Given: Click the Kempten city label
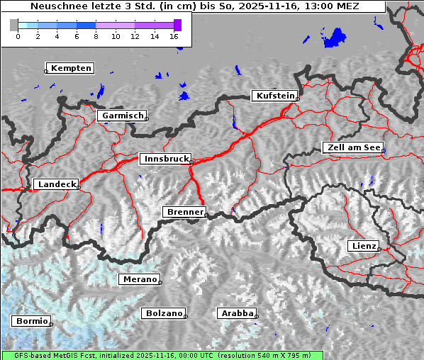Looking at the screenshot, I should pyautogui.click(x=70, y=68).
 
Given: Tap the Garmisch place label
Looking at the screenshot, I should pyautogui.click(x=122, y=116).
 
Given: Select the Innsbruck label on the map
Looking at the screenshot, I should pyautogui.click(x=164, y=159).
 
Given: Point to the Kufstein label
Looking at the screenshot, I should pyautogui.click(x=274, y=96).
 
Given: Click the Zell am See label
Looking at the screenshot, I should pyautogui.click(x=352, y=147).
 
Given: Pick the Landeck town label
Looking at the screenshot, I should pyautogui.click(x=55, y=184).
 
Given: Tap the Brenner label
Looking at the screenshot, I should pyautogui.click(x=184, y=212).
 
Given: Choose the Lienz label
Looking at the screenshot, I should pyautogui.click(x=364, y=246).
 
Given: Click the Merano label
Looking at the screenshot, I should pyautogui.click(x=139, y=279).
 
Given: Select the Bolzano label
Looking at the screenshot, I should pyautogui.click(x=164, y=313).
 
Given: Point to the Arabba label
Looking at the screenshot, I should pyautogui.click(x=236, y=313).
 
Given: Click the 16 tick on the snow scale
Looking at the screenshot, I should pyautogui.click(x=174, y=36).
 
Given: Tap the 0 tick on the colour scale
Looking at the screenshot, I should pyautogui.click(x=18, y=36).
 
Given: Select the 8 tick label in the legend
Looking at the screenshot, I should pyautogui.click(x=96, y=36).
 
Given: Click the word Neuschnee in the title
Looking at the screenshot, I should pyautogui.click(x=57, y=6).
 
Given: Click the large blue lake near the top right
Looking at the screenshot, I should pyautogui.click(x=333, y=38).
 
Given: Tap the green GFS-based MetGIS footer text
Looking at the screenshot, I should pyautogui.click(x=162, y=355).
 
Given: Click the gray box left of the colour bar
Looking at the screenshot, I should pyautogui.click(x=14, y=25).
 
